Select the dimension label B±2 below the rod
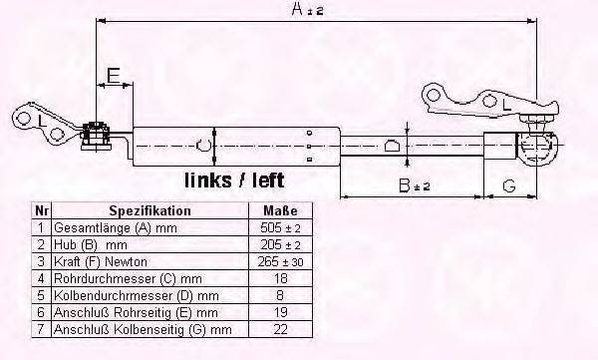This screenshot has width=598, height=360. point(409,184)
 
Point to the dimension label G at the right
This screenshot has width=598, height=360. point(508,184)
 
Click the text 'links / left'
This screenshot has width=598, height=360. point(234,180)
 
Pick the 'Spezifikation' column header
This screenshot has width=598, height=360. point(149,211)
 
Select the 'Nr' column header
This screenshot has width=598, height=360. point(41,211)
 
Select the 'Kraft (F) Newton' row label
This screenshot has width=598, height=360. point(102,261)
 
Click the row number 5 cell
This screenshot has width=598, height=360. point(41,295)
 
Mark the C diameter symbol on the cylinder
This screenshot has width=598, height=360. point(204,146)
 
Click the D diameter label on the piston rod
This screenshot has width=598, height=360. point(393,146)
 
